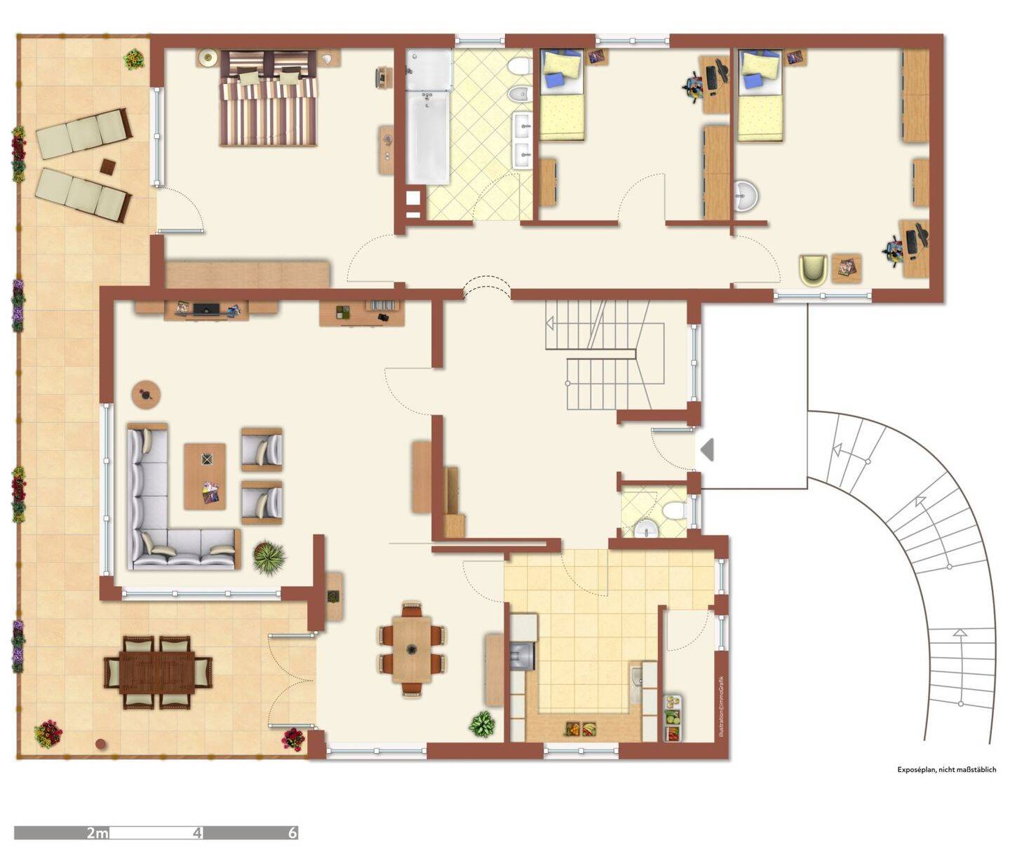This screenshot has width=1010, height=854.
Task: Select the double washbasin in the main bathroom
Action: pyautogui.click(x=523, y=141)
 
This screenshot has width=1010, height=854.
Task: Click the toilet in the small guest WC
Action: pyautogui.click(x=675, y=510)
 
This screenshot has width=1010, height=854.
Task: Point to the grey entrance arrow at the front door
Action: pyautogui.click(x=707, y=449)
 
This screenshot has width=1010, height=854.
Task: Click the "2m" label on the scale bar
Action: pyautogui.click(x=97, y=832)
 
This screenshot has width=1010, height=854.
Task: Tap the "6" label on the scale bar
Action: pyautogui.click(x=292, y=832)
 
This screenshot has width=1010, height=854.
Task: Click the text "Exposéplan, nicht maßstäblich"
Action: pyautogui.click(x=946, y=769)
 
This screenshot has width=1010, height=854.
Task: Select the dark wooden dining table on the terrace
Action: pyautogui.click(x=158, y=672)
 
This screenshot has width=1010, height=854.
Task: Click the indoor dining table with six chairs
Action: pyautogui.click(x=412, y=649)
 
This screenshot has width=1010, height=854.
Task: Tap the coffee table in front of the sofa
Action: pyautogui.click(x=206, y=476)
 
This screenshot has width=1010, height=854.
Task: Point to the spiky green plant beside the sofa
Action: pyautogui.click(x=269, y=557)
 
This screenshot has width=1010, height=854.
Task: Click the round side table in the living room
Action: pyautogui.click(x=146, y=394)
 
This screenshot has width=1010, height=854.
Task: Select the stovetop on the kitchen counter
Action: pyautogui.click(x=523, y=656)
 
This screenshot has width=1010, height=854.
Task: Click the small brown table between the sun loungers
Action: pyautogui.click(x=108, y=167)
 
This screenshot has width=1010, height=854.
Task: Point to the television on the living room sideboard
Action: pyautogui.click(x=206, y=309)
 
